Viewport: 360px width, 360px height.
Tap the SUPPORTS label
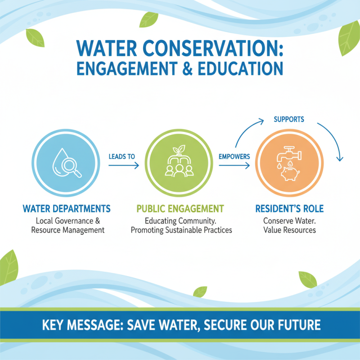pyautogui.click(x=289, y=119)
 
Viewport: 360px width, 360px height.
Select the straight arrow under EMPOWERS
pyautogui.click(x=234, y=166)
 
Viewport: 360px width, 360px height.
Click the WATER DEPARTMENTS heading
pyautogui.click(x=66, y=209)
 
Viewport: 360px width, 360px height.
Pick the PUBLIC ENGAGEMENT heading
pyautogui.click(x=180, y=209)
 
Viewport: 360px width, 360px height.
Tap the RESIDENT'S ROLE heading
pyautogui.click(x=289, y=209)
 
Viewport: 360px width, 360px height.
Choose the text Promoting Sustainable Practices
pyautogui.click(x=181, y=230)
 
